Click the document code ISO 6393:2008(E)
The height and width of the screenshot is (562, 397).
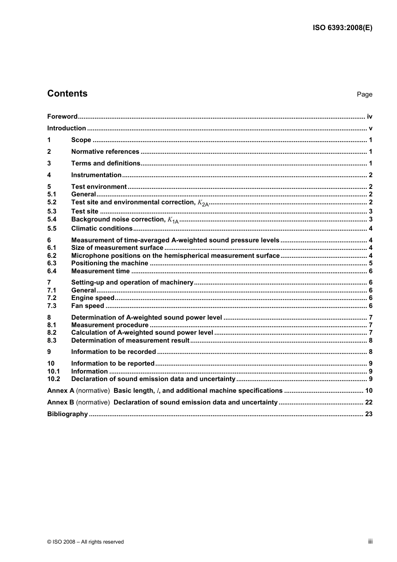click(x=342, y=28)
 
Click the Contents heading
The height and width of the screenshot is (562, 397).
click(x=67, y=94)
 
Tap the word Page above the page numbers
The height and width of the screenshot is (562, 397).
click(x=364, y=94)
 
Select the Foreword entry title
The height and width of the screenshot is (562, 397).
click(x=62, y=117)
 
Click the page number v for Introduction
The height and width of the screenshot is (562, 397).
click(x=370, y=128)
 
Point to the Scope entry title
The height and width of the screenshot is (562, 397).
click(x=81, y=140)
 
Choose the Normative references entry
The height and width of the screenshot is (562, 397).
click(x=105, y=152)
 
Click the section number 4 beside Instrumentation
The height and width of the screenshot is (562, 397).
click(x=49, y=175)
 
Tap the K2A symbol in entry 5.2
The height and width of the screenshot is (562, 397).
click(x=203, y=203)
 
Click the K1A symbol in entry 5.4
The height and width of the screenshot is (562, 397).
click(x=173, y=220)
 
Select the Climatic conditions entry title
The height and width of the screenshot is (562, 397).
click(x=102, y=229)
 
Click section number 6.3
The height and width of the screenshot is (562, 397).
click(x=52, y=263)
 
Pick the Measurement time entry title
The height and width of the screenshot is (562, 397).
click(x=100, y=271)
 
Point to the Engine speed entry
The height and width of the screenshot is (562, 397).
click(x=93, y=298)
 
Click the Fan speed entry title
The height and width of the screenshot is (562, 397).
click(x=88, y=306)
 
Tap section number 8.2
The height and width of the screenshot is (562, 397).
click(x=52, y=333)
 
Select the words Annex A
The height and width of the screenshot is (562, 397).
click(x=61, y=391)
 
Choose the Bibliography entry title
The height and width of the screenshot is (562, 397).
click(x=67, y=414)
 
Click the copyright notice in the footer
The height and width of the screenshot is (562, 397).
click(x=85, y=542)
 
